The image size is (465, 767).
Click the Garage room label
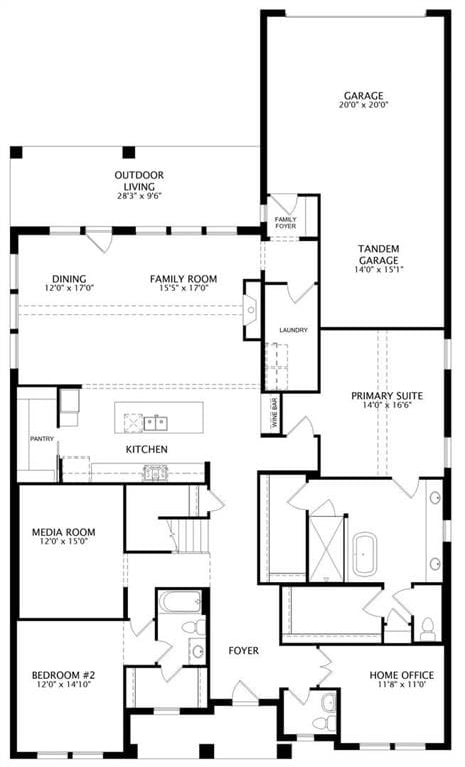(x=363, y=96)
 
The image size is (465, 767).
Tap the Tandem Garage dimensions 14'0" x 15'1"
(x=378, y=269)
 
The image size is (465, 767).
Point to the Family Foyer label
(x=285, y=223)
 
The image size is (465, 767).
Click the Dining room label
(x=69, y=279)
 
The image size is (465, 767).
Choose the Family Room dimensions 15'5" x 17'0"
(x=184, y=288)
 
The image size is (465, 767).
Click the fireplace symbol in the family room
(x=250, y=310)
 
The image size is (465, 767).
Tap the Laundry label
(x=293, y=330)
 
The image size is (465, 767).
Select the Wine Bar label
(x=274, y=413)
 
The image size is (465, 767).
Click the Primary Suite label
(x=387, y=396)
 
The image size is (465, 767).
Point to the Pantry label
(x=42, y=439)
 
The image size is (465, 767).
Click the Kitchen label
(x=147, y=449)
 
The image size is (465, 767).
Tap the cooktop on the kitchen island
(x=133, y=422)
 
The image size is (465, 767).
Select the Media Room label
(x=63, y=532)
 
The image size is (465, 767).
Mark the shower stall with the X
(x=326, y=547)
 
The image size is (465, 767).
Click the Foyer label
(x=244, y=650)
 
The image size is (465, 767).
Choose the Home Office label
(x=401, y=675)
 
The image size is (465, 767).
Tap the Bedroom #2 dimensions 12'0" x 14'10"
(x=64, y=684)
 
